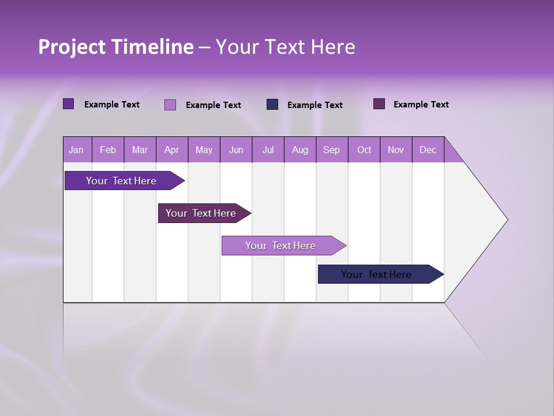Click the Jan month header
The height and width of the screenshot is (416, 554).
coord(77,150)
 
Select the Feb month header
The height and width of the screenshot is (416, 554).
coord(108,150)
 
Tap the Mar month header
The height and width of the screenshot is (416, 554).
coord(140,150)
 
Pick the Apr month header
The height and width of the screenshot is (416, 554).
coord(172,150)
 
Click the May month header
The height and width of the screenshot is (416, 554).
coord(204,150)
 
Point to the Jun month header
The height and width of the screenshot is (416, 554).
coord(236,150)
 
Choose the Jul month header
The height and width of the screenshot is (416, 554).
coord(268,150)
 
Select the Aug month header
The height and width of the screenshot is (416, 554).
coord(300,150)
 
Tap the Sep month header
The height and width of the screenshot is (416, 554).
coord(332,150)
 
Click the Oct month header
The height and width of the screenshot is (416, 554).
coord(364,150)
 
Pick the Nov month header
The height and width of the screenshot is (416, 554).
coord(396,150)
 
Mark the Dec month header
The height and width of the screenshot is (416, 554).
coord(428,150)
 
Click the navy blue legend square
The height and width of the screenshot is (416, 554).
coord(272,105)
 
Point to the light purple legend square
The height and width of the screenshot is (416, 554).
coord(170,105)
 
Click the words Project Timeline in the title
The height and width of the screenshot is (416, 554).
coord(116,47)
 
